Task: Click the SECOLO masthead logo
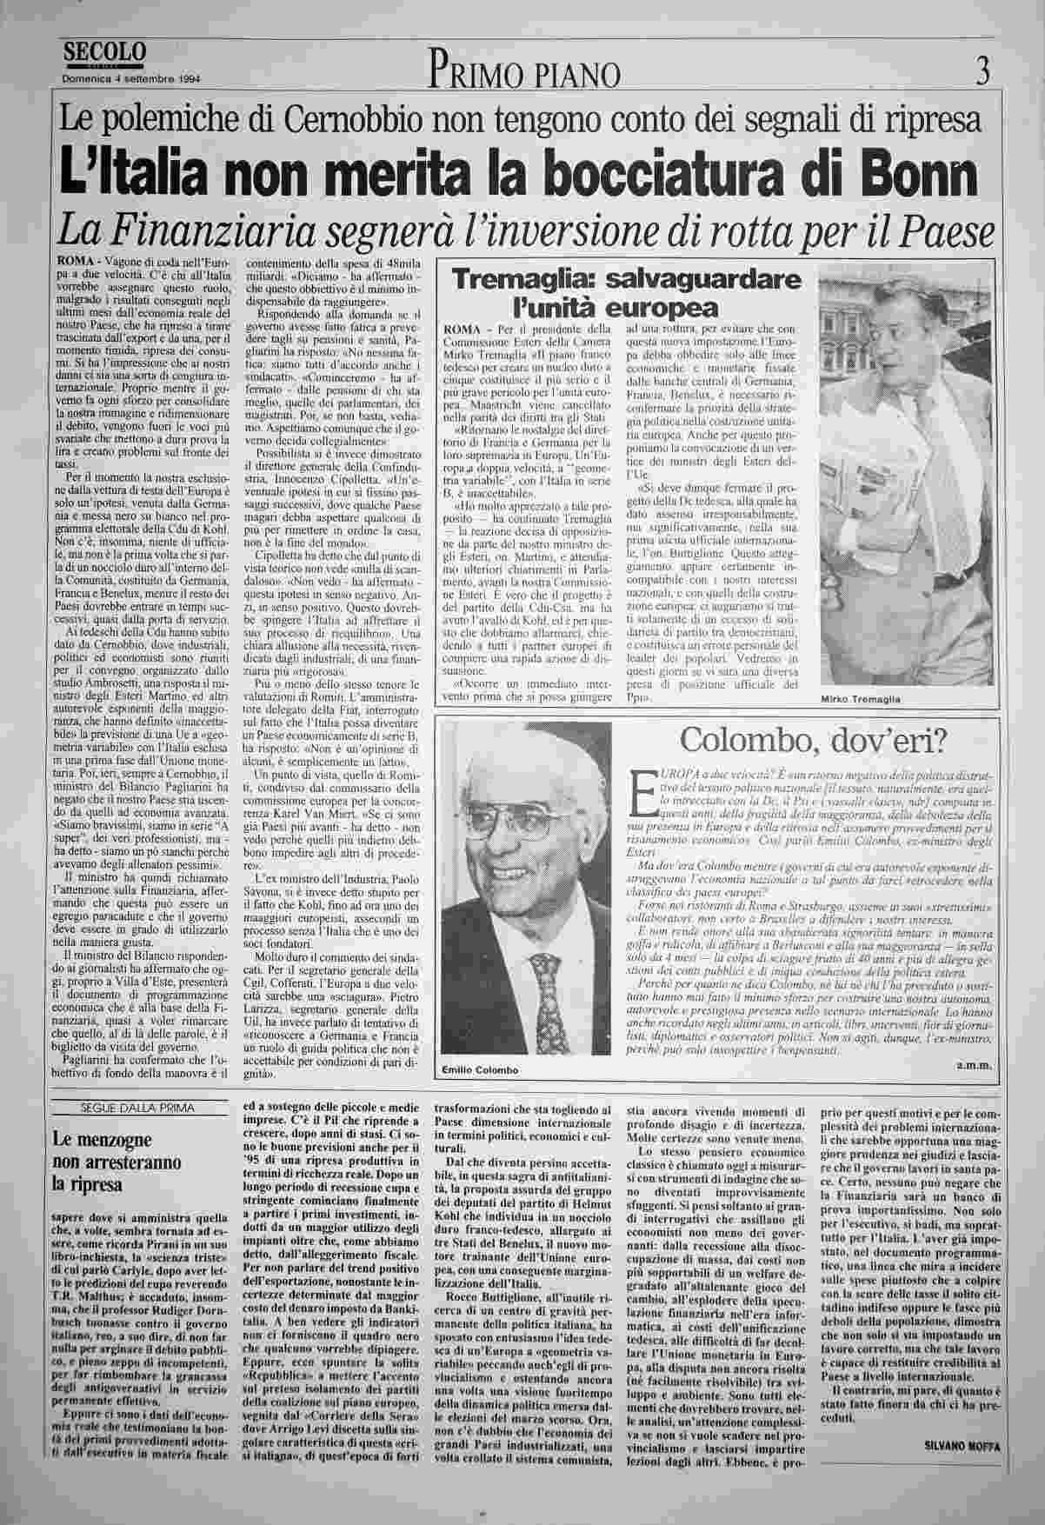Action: (103, 52)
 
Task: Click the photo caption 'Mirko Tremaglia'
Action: (861, 699)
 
